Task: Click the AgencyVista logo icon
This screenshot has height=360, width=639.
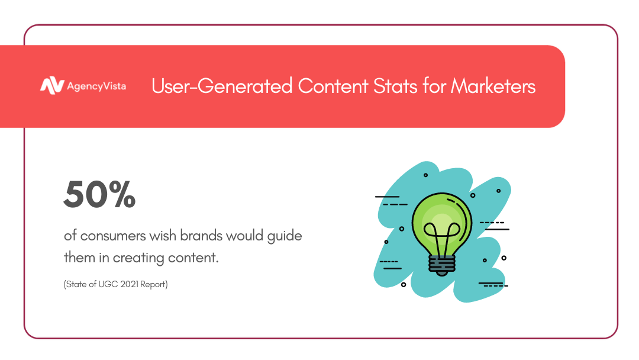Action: (51, 86)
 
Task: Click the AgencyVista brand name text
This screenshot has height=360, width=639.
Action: (96, 86)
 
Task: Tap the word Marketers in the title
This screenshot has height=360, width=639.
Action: (493, 86)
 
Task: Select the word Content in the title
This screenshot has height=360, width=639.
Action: (333, 86)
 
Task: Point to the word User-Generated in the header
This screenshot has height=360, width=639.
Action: (222, 86)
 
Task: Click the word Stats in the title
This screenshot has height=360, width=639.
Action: (395, 86)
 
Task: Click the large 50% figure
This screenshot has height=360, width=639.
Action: (99, 194)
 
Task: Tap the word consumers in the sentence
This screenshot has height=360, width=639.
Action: (113, 236)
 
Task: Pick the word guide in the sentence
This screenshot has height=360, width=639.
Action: (285, 236)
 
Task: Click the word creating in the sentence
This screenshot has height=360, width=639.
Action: (138, 258)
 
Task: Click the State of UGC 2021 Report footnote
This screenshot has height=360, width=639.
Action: (116, 284)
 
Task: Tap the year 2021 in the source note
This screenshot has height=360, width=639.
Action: (129, 284)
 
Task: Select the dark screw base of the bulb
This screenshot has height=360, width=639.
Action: (442, 265)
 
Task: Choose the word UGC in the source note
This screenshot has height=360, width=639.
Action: (108, 284)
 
